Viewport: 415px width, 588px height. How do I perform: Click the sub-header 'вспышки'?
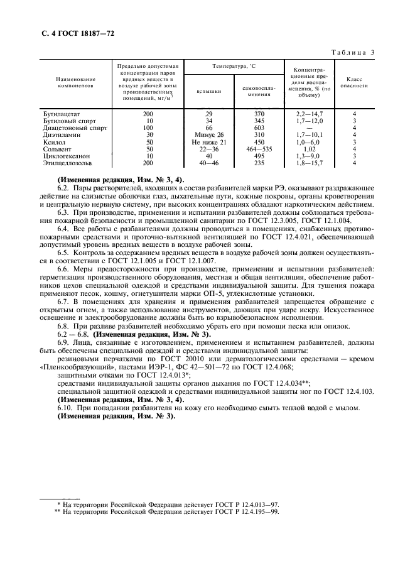[x=209, y=91]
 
